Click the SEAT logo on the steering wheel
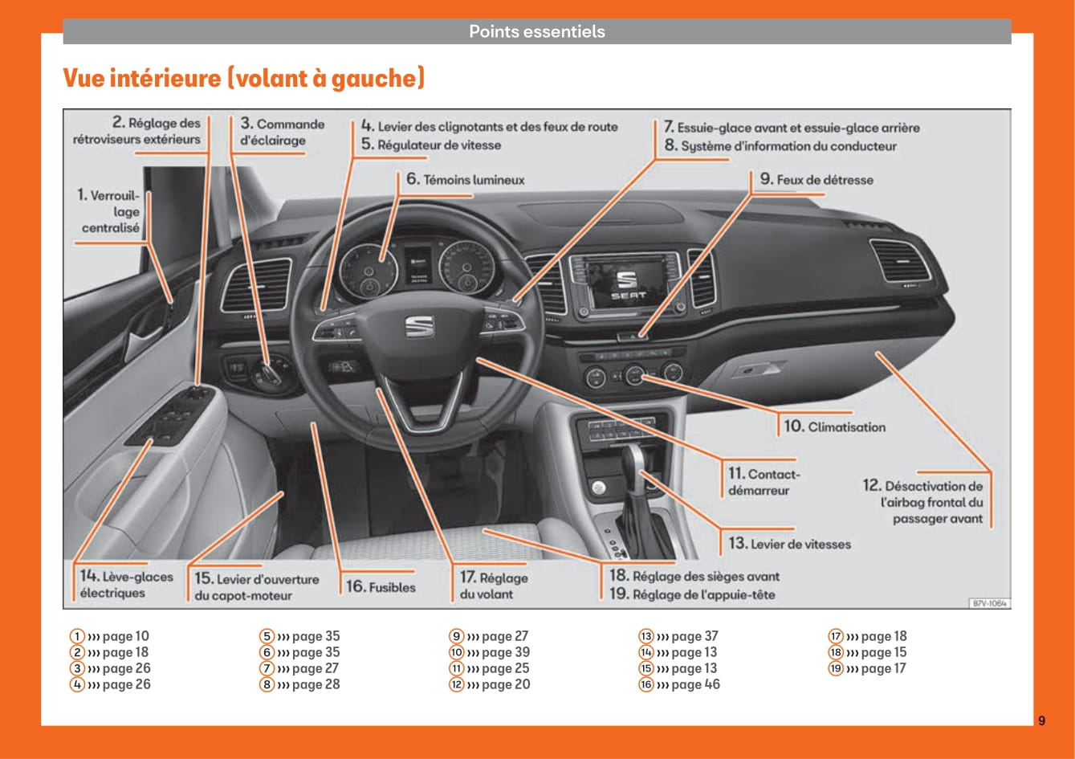click(x=418, y=326)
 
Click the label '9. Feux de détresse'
click(x=816, y=180)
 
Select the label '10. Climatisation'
click(x=835, y=426)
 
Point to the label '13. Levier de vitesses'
click(x=789, y=544)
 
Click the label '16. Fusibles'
click(x=381, y=587)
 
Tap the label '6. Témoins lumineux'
click(x=465, y=180)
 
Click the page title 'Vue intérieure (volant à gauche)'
click(x=243, y=79)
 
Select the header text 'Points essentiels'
click(x=537, y=32)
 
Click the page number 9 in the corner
click(x=1041, y=720)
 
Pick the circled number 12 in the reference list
click(x=457, y=684)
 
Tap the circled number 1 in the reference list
click(x=78, y=636)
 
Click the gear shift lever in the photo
click(x=633, y=466)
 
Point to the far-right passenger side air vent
click(x=900, y=261)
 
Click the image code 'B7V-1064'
click(x=989, y=603)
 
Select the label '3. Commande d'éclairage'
click(x=282, y=133)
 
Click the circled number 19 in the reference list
click(x=836, y=668)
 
